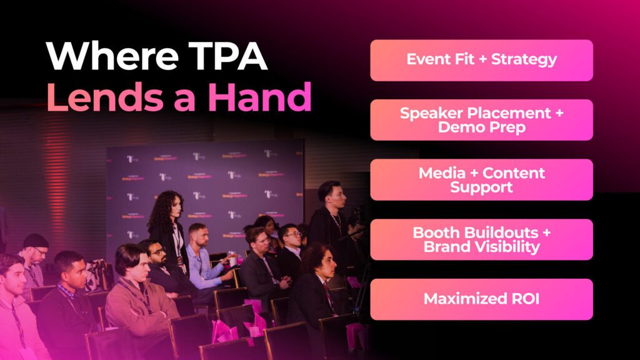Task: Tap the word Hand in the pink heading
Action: point(259,97)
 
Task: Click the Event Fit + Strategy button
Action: point(482,60)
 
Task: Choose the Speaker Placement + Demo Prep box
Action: point(482,119)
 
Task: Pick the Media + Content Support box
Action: point(482,179)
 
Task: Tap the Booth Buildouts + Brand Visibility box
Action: point(482,239)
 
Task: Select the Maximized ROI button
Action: point(482,299)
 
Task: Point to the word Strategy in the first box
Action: point(524,60)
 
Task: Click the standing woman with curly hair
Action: point(169,232)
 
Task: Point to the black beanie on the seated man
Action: point(36,241)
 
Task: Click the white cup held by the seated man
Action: point(233,261)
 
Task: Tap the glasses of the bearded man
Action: point(158,251)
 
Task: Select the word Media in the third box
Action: point(442,173)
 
